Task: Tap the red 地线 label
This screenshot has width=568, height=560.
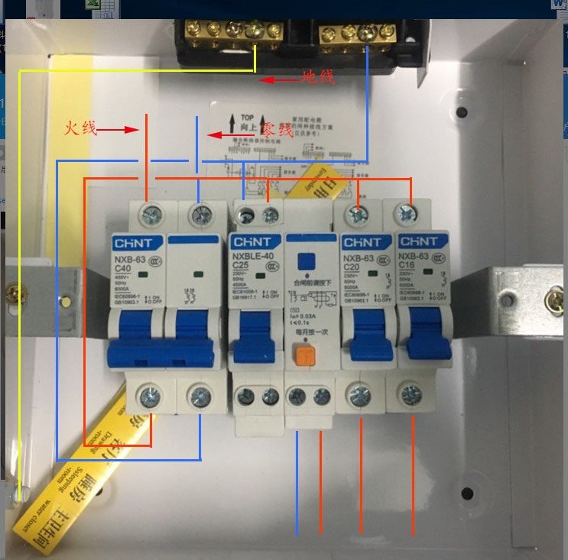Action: coord(317,77)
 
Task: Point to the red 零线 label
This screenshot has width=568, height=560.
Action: coord(277,131)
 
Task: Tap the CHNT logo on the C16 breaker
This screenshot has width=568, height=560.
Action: coord(418,241)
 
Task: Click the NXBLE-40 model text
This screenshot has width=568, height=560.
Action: coord(252,258)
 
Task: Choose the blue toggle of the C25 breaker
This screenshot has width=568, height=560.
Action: coord(253,335)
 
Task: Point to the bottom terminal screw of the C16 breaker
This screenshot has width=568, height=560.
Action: coord(411,395)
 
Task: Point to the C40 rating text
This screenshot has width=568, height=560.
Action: coord(123,269)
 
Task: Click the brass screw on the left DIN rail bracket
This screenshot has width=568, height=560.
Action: coord(15,291)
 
